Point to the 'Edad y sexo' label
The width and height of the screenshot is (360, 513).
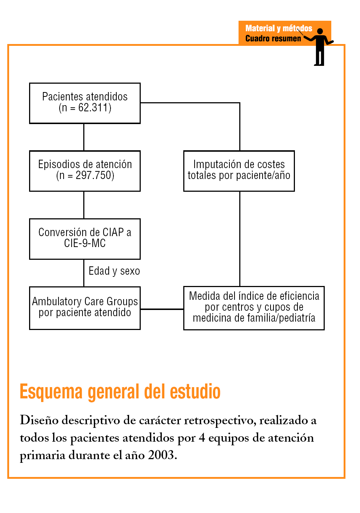click(x=114, y=271)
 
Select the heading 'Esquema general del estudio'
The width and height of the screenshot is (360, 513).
click(x=120, y=391)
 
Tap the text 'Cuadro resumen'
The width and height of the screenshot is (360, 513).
click(x=273, y=39)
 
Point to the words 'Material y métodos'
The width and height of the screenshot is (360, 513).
click(x=279, y=28)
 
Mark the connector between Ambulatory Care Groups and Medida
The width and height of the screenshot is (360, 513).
click(x=162, y=309)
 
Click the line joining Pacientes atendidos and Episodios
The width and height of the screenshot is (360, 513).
click(x=84, y=137)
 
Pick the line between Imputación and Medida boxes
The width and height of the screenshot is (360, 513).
click(x=240, y=239)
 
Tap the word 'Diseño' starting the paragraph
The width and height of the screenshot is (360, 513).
click(x=39, y=420)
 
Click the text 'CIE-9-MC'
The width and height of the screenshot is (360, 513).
click(x=85, y=243)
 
